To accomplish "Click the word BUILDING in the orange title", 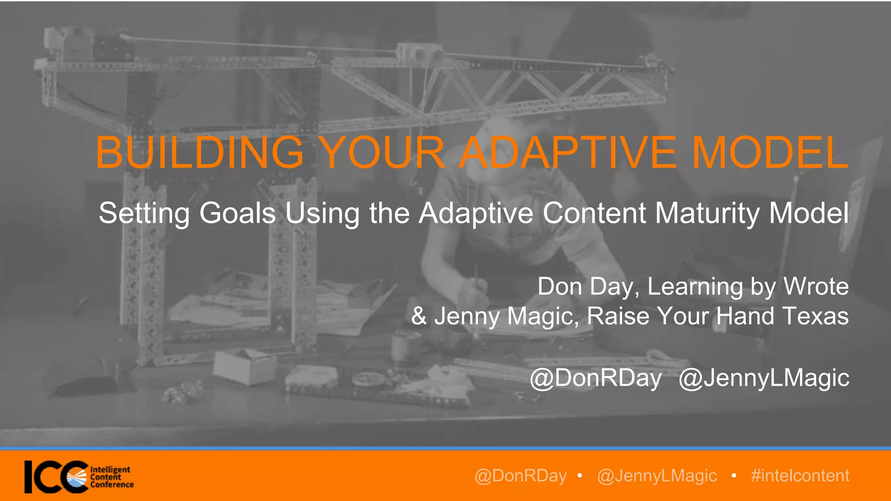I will [x=199, y=152].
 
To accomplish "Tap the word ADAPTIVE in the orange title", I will [x=568, y=152].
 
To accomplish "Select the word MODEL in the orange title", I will [x=770, y=152].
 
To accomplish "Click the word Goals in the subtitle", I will [x=237, y=213].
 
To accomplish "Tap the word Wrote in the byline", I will [x=816, y=287].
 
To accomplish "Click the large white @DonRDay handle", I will [x=596, y=378].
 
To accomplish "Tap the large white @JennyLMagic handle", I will [x=764, y=378].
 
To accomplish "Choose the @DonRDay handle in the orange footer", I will [x=520, y=476].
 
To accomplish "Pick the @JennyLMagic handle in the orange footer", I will [x=657, y=476].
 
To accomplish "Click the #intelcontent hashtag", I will [x=800, y=476].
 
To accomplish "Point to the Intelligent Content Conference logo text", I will [x=111, y=477].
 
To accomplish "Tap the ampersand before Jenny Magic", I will [x=419, y=316].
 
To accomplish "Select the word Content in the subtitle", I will [x=594, y=213].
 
